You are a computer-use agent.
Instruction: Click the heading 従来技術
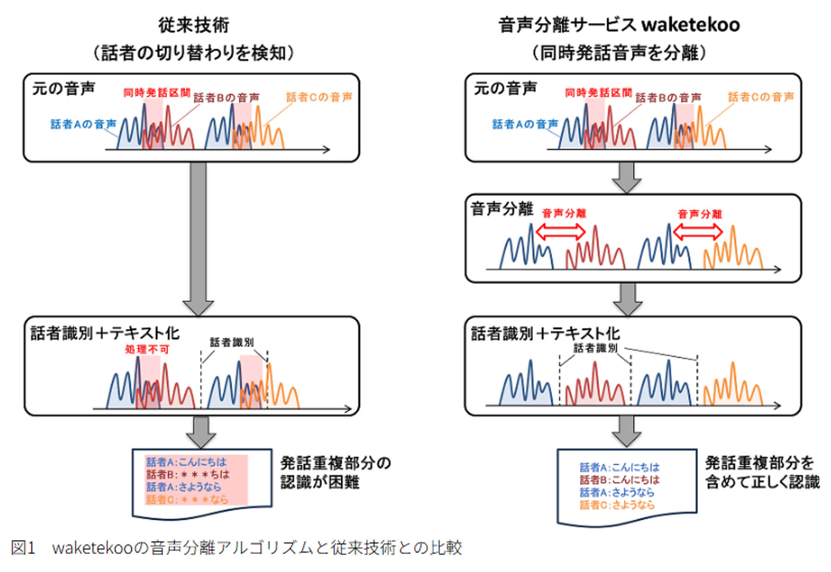[x=193, y=25]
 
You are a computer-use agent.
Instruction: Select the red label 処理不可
[x=147, y=350]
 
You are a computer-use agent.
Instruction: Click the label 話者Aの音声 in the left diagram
[x=83, y=124]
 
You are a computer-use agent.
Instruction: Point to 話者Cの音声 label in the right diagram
[x=761, y=97]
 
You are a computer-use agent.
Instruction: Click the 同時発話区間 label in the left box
[x=157, y=93]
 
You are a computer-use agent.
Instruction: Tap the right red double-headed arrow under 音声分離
[x=698, y=232]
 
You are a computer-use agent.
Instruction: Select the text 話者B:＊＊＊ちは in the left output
[x=187, y=475]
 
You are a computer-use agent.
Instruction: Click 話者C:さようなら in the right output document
[x=617, y=505]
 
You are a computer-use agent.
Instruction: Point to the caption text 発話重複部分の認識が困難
[x=336, y=472]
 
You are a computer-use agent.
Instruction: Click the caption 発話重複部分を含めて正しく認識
[x=762, y=472]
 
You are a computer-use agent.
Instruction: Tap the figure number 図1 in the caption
[x=23, y=548]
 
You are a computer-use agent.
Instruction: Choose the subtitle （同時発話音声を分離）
[x=619, y=53]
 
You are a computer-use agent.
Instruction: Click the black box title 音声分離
[x=502, y=209]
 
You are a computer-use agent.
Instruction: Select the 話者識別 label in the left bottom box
[x=232, y=342]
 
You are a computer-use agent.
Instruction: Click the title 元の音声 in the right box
[x=505, y=88]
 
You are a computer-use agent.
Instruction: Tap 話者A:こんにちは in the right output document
[x=620, y=467]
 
